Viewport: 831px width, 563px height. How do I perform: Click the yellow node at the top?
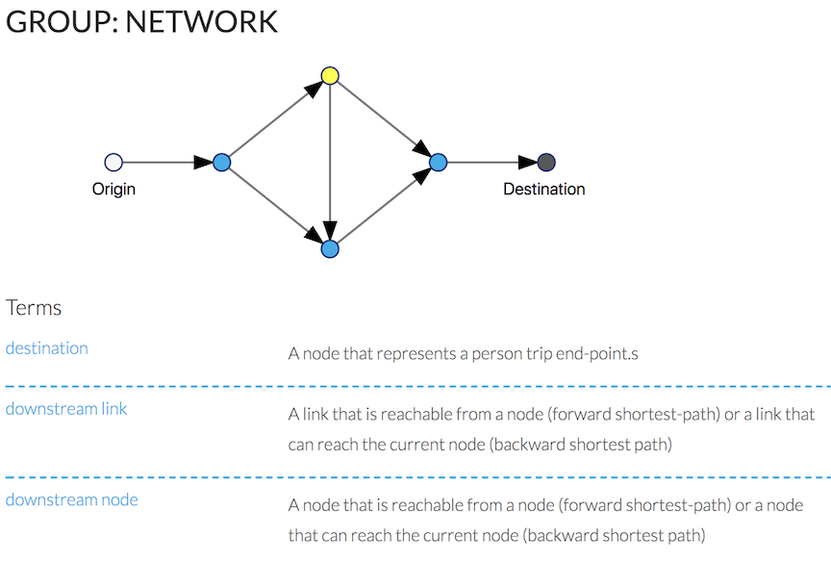(330, 75)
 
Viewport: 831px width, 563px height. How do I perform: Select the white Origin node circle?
(113, 163)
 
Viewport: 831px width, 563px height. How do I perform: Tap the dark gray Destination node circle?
(546, 163)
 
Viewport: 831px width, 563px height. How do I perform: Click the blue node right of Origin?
(221, 163)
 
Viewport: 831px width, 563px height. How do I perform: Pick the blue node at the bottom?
(330, 249)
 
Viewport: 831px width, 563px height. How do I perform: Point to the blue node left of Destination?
(439, 163)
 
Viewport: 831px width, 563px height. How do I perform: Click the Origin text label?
(113, 190)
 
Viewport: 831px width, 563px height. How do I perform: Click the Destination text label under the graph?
(543, 190)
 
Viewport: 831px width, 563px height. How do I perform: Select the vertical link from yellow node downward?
(330, 154)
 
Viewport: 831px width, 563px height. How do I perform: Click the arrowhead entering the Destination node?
(527, 163)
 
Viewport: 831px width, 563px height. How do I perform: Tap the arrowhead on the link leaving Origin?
(202, 163)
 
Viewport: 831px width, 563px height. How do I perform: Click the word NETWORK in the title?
(201, 21)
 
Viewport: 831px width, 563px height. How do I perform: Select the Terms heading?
(34, 308)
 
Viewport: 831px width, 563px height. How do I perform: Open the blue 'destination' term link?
(46, 348)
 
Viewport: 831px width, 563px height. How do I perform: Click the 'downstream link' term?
(66, 409)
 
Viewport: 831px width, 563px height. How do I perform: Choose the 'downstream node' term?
(71, 499)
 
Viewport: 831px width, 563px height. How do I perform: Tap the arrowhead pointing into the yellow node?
(312, 90)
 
